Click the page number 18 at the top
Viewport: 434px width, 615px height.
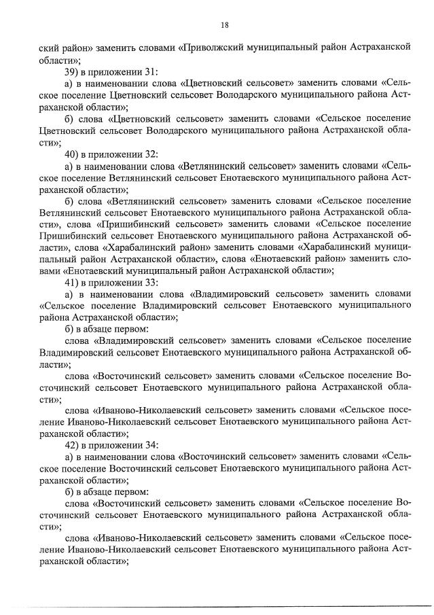[x=224, y=25]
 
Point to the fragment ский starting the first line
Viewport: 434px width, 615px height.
[x=50, y=47]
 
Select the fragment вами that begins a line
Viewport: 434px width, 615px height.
[x=51, y=270]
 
